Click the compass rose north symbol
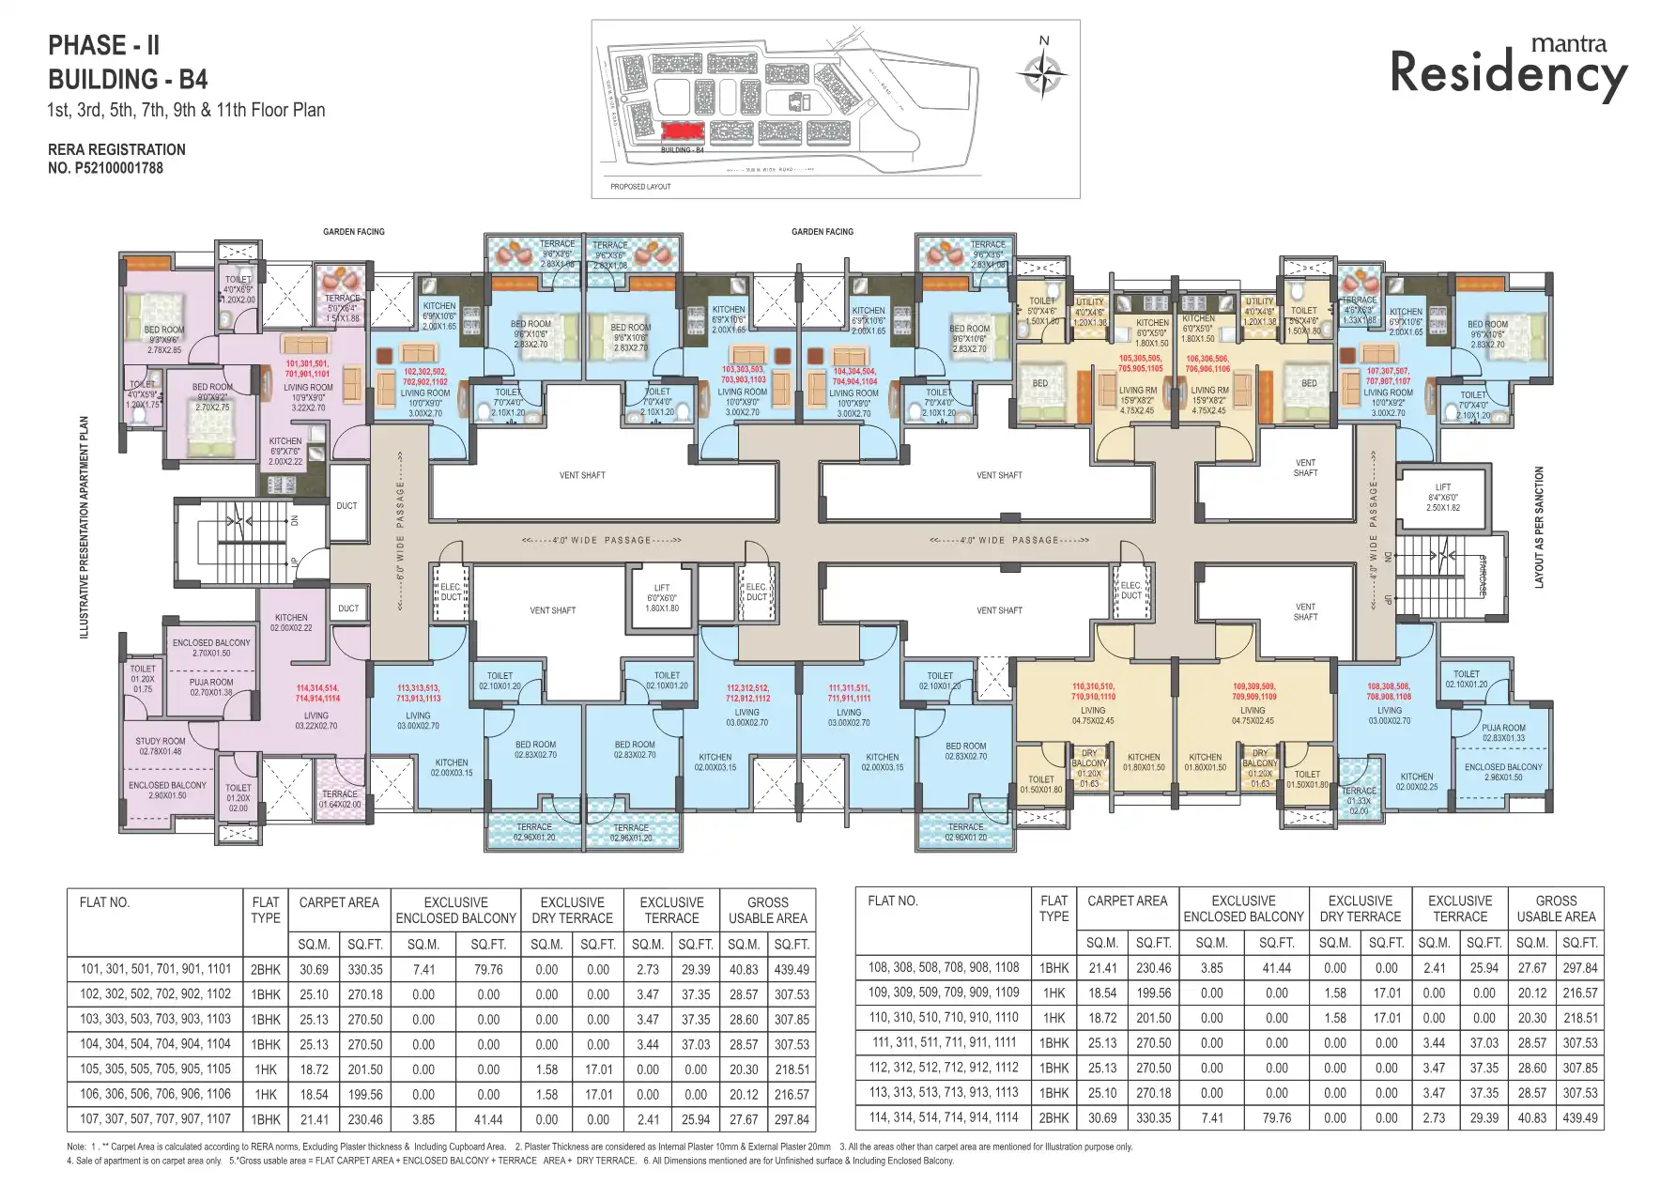1043,70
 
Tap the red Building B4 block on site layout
682,132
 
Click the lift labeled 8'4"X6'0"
1442,498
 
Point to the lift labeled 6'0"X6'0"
661,598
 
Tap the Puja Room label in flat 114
211,687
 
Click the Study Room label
161,746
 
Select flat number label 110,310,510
1093,692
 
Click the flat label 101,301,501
308,368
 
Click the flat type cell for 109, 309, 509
1053,993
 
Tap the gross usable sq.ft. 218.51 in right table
1580,1018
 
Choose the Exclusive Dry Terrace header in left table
572,910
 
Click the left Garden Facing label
354,232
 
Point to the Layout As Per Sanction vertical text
1539,528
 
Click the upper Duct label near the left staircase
346,505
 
